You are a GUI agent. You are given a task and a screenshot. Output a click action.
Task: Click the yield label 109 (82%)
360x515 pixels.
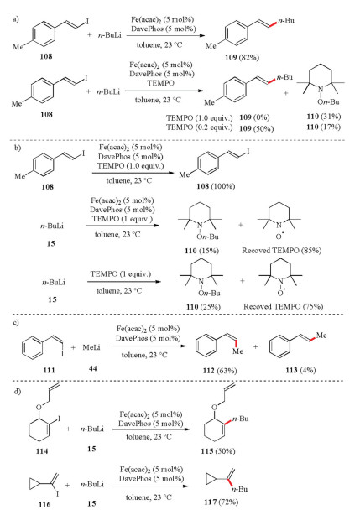click(242, 58)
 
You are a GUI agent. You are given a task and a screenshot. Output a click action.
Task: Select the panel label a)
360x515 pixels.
click(16, 19)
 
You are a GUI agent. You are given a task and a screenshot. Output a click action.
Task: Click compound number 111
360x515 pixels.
click(49, 370)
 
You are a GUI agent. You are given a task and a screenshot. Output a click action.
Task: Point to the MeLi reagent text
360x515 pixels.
click(91, 347)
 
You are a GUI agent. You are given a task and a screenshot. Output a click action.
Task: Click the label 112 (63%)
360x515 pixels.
click(220, 371)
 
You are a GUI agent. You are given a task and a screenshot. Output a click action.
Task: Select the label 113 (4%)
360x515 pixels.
click(300, 370)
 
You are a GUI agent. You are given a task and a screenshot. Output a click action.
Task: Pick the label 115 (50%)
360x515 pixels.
click(218, 451)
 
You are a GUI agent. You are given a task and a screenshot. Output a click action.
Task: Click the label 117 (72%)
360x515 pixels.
click(221, 502)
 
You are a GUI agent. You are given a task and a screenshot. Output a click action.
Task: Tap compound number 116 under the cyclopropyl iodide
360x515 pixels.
click(44, 504)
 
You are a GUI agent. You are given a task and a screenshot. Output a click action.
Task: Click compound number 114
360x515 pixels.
click(42, 451)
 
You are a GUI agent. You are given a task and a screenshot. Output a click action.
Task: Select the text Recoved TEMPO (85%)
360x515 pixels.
click(281, 250)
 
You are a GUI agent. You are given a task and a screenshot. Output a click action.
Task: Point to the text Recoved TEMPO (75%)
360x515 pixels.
click(283, 306)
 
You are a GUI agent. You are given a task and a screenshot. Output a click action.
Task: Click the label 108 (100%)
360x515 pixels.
click(216, 186)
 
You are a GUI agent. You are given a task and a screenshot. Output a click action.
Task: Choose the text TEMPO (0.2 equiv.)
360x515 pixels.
click(200, 127)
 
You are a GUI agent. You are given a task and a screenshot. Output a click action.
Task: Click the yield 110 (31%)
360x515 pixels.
click(324, 117)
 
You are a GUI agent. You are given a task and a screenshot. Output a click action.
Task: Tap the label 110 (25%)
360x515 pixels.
click(203, 307)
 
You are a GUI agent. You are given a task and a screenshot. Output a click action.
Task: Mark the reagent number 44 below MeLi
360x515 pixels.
click(92, 368)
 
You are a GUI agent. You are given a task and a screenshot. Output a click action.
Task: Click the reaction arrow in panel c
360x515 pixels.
click(149, 346)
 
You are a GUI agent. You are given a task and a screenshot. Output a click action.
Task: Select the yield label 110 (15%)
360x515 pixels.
click(201, 251)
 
